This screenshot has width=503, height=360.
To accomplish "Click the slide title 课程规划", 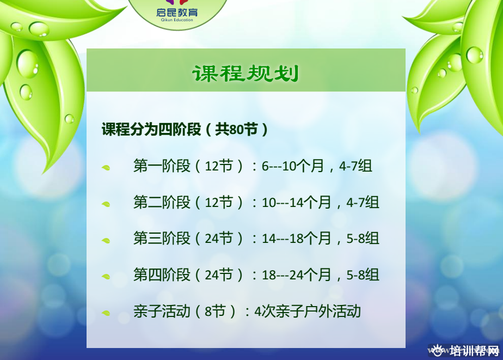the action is point(246,74).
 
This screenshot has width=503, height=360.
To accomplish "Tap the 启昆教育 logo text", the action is point(177,12).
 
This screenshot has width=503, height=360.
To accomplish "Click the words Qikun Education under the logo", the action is point(177,20).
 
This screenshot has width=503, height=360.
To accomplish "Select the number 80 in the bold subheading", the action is point(236,130).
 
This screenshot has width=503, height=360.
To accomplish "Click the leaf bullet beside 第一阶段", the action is point(106,168).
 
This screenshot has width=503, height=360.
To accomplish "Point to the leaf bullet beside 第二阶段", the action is point(106,204).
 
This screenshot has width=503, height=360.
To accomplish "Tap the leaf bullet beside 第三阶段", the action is point(106,240).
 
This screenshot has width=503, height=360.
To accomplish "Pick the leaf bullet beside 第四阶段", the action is point(106,276).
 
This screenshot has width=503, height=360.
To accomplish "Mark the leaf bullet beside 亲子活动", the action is point(106,313).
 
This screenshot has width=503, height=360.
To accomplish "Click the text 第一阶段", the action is point(162,166).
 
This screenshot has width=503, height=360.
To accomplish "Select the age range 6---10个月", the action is point(292,166).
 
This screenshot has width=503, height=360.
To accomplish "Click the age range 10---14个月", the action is point(296,203).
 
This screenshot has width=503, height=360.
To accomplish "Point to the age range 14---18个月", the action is point(296,239).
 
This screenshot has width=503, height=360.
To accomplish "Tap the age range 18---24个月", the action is point(296,275).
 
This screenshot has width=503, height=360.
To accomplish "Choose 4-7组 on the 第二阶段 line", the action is point(363,203).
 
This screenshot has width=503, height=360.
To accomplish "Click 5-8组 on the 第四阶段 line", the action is point(363,275).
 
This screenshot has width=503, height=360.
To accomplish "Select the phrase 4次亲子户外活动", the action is point(308,311).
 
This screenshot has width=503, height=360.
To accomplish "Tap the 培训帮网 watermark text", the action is point(474,351).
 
